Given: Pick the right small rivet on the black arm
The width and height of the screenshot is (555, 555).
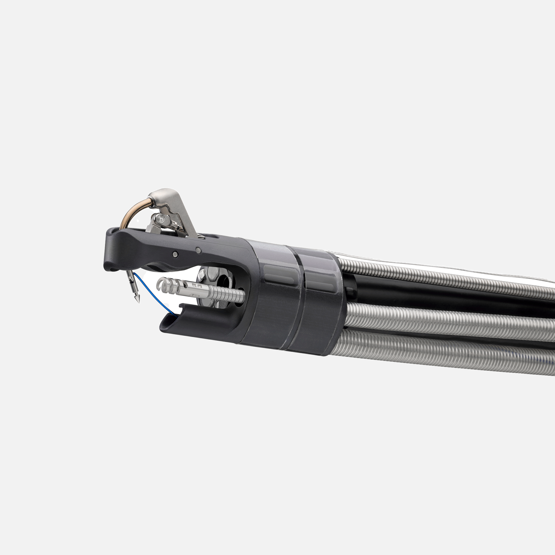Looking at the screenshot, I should (x=198, y=250).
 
